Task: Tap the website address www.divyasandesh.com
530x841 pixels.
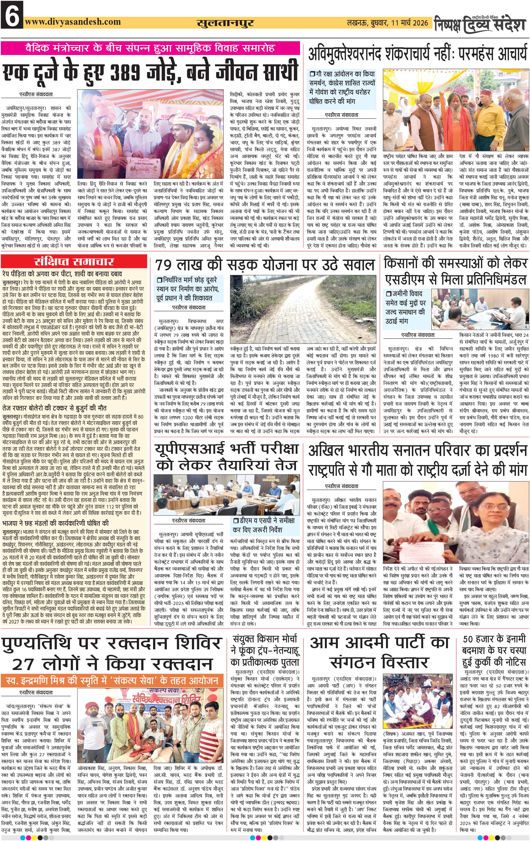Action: tap(73, 22)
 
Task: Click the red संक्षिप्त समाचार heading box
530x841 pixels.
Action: tap(74, 262)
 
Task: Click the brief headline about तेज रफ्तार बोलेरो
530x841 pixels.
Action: tap(54, 408)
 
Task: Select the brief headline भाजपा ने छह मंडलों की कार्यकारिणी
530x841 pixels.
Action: tap(56, 523)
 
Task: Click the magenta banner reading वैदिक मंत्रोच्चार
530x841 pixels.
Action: tap(150, 48)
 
